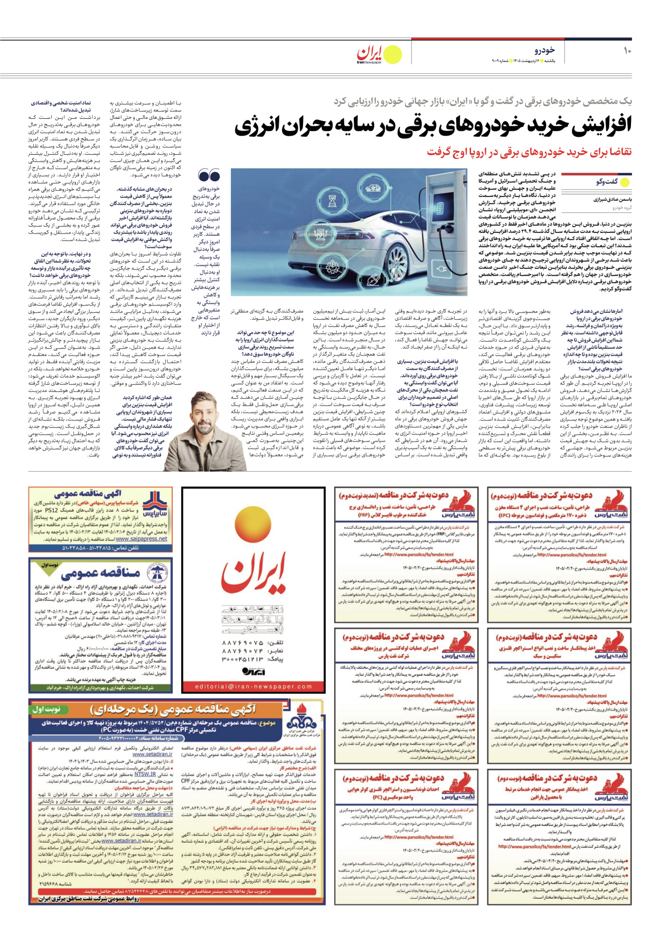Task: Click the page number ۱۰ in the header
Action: pyautogui.click(x=627, y=51)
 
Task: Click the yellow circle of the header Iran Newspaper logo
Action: pyautogui.click(x=392, y=55)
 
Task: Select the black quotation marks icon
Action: pyautogui.click(x=209, y=175)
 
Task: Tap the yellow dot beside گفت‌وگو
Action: pyautogui.click(x=625, y=182)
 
